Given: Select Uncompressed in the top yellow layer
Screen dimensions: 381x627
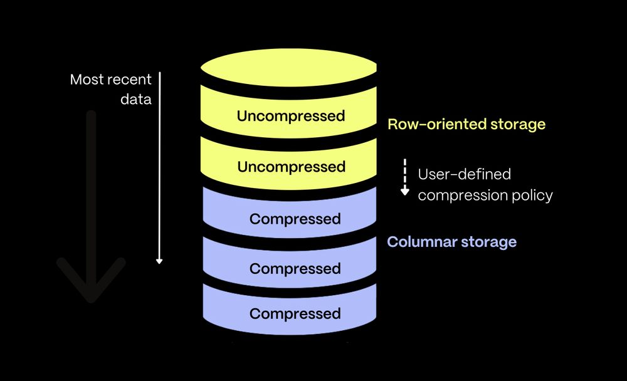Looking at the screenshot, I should pos(290,116).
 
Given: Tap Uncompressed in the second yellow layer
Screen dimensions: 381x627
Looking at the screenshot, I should pos(290,167).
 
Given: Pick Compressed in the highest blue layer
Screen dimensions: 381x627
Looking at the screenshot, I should pos(295,219).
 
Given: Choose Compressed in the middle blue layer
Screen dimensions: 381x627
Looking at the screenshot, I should pos(295,268).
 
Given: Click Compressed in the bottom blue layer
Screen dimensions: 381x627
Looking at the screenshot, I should pos(295,313).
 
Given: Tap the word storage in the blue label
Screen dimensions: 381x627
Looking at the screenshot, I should pos(487,241).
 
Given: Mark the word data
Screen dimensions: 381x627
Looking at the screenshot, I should pos(136,100).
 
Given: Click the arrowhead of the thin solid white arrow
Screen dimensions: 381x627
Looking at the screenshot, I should pos(159,260).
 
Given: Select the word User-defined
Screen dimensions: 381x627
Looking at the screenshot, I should pos(464,174).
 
